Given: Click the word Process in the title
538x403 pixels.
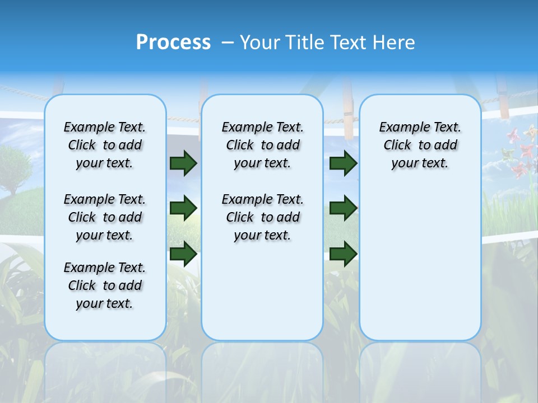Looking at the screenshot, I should click(173, 43).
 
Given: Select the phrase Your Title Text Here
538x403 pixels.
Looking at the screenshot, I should click(327, 43).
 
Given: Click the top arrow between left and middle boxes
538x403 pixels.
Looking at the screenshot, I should click(183, 163).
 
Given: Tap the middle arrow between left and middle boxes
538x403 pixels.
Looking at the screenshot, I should click(183, 208).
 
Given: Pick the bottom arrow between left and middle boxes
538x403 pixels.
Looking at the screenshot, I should click(183, 254).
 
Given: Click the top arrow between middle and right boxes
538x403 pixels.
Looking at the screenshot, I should click(343, 163).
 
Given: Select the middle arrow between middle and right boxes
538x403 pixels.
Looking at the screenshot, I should click(343, 208).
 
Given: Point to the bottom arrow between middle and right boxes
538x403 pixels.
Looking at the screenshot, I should click(343, 254).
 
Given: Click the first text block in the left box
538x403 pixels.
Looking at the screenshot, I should click(105, 145).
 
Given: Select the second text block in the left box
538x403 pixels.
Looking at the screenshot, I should click(105, 217).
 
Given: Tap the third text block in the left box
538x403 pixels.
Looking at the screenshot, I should click(105, 285).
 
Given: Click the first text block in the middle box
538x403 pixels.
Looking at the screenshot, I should click(262, 145).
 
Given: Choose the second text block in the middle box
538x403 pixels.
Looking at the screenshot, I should click(262, 217).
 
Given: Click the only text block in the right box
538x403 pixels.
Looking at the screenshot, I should click(420, 145).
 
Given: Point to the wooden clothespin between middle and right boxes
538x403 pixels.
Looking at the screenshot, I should click(349, 112).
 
